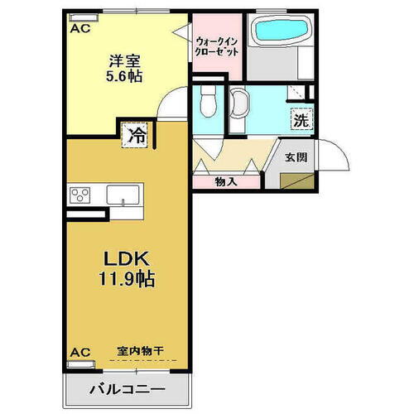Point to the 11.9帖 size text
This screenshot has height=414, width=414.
click(x=125, y=277)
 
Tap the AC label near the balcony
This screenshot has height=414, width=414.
click(x=79, y=351)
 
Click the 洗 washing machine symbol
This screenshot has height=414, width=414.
click(x=300, y=119)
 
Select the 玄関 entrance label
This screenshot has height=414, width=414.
click(x=296, y=156)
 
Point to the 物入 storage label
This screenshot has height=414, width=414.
click(x=226, y=182)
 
